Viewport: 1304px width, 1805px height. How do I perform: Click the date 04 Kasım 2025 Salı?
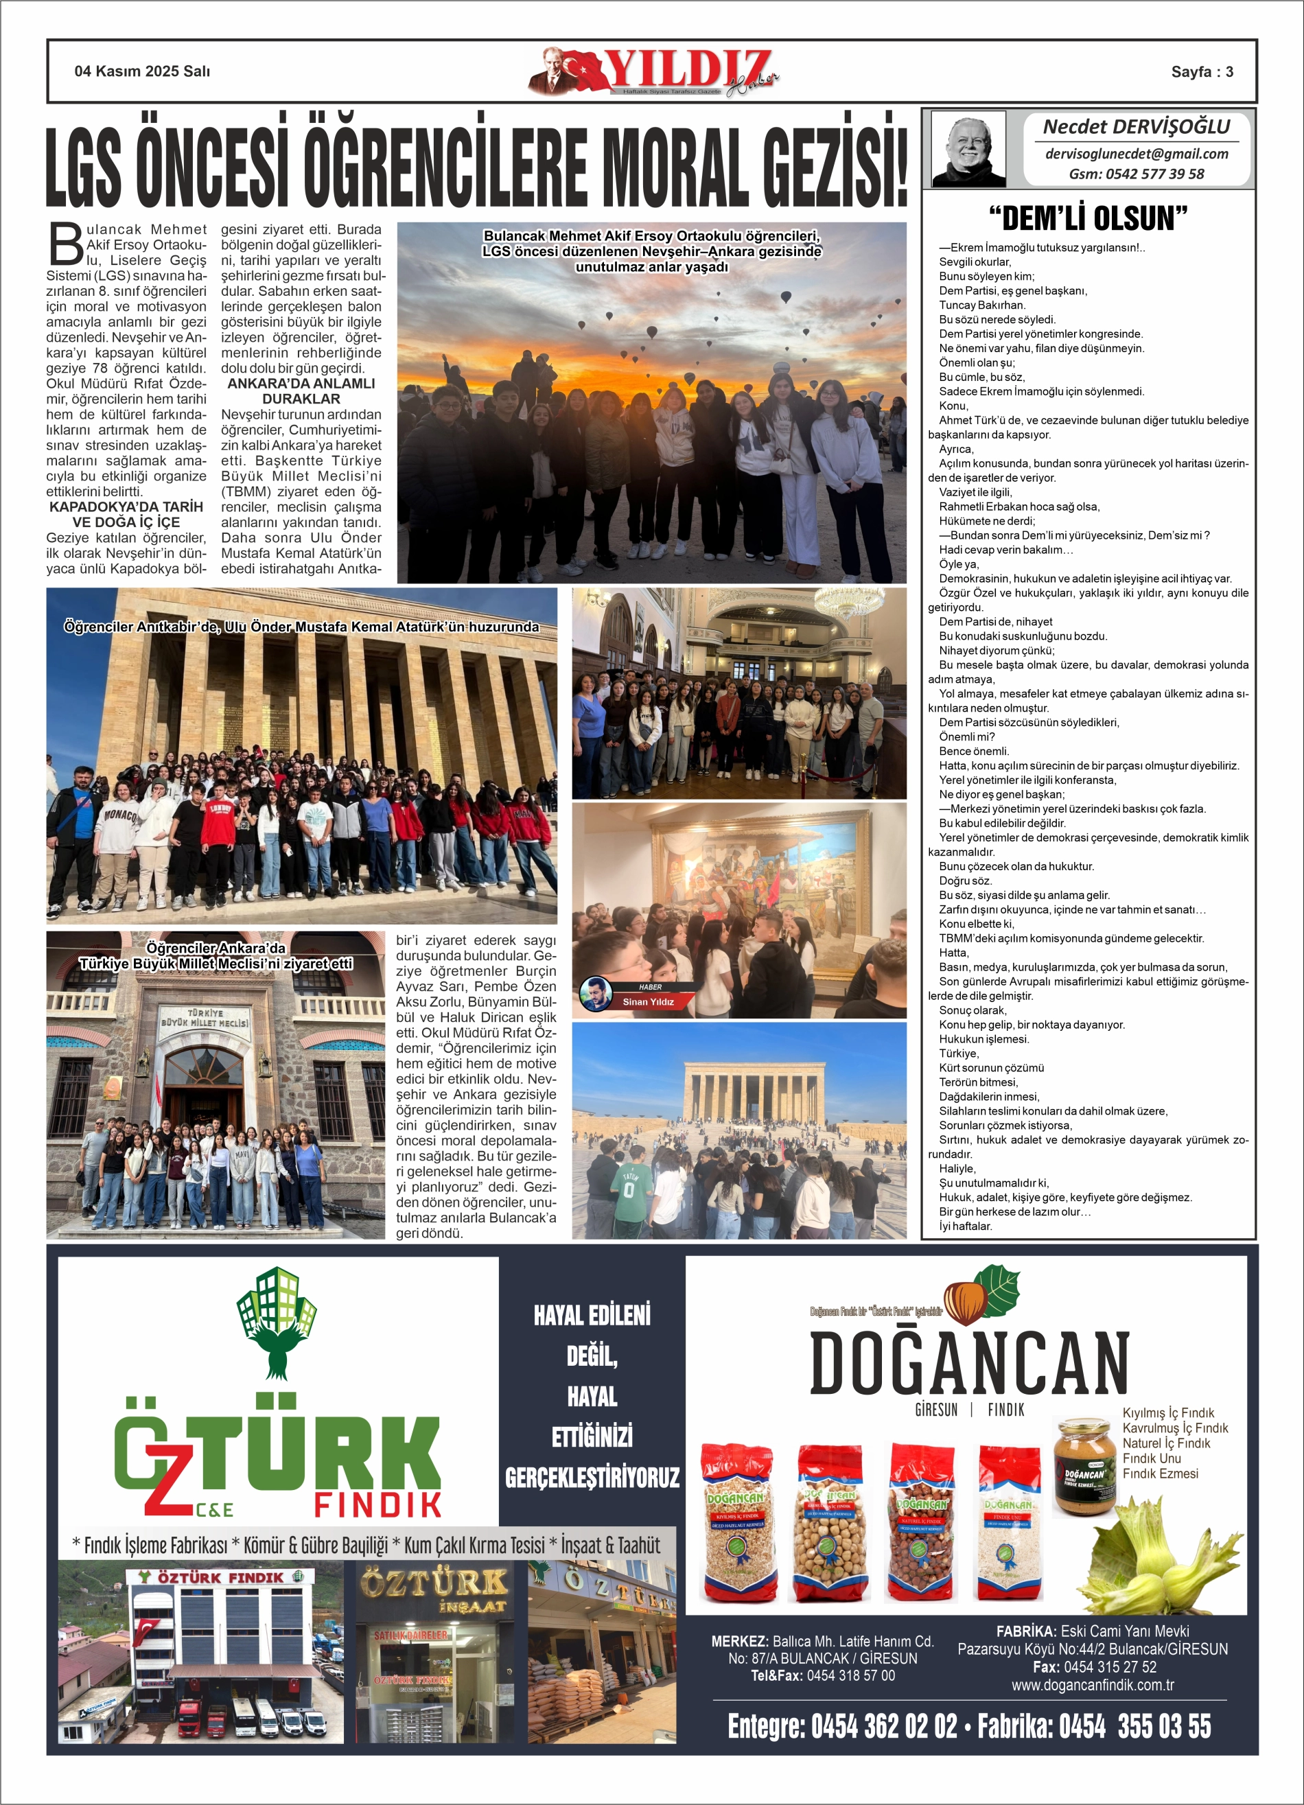pos(143,71)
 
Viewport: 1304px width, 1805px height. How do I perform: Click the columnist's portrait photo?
pos(968,149)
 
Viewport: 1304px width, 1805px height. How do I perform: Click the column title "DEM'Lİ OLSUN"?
pos(1088,218)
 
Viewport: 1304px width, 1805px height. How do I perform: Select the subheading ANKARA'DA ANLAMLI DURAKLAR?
pos(301,391)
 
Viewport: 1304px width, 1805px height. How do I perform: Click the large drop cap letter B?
pos(66,244)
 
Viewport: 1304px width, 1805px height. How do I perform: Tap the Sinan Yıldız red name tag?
pos(648,1002)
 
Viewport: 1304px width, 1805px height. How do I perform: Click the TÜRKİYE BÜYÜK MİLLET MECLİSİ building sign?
pos(205,1018)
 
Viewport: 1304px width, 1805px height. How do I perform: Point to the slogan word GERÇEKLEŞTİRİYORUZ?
pos(592,1478)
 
